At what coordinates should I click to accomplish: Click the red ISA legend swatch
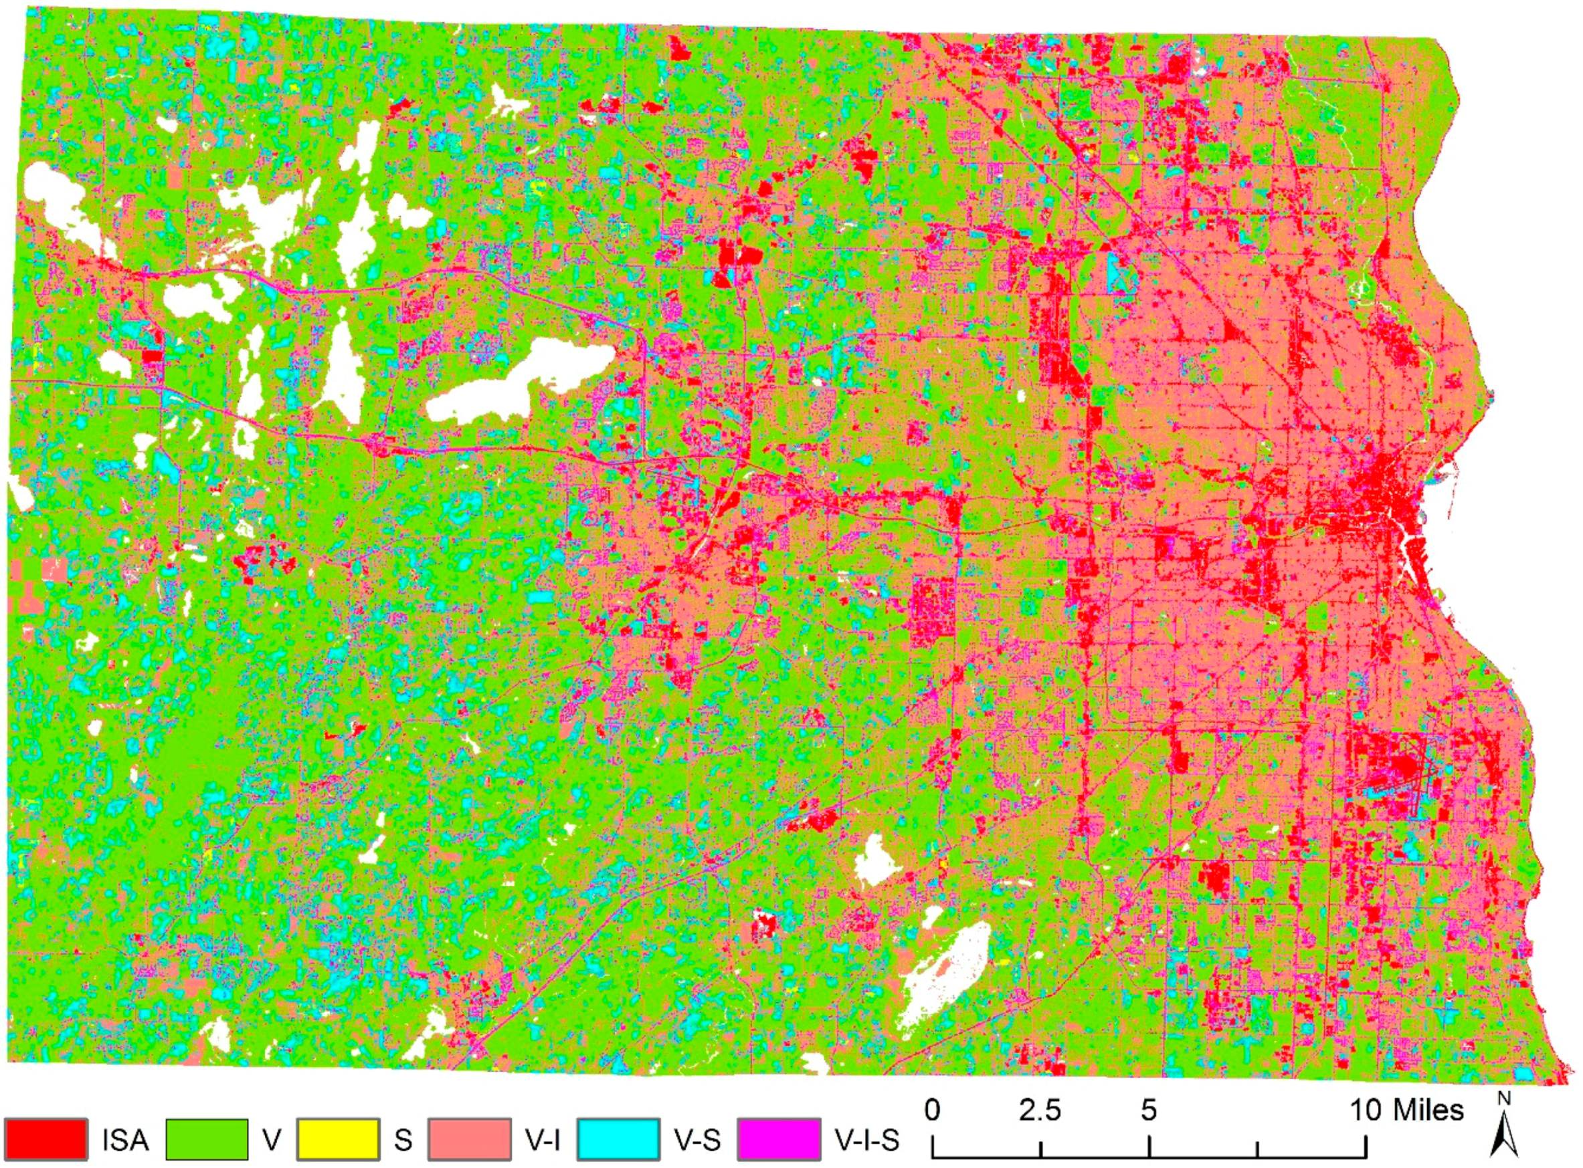47,1139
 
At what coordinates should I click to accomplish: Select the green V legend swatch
207,1139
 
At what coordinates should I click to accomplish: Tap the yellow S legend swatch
338,1139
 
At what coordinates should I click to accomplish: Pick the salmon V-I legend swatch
470,1139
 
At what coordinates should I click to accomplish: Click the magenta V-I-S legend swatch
779,1139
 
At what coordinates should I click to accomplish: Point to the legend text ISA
125,1140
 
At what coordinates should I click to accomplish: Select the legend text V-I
542,1140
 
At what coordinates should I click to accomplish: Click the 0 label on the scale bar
933,1110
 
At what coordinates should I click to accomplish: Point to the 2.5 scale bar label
1040,1110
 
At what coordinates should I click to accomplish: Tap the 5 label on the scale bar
1148,1110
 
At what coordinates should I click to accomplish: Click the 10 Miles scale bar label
1408,1110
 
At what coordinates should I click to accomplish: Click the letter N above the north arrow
1505,1098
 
